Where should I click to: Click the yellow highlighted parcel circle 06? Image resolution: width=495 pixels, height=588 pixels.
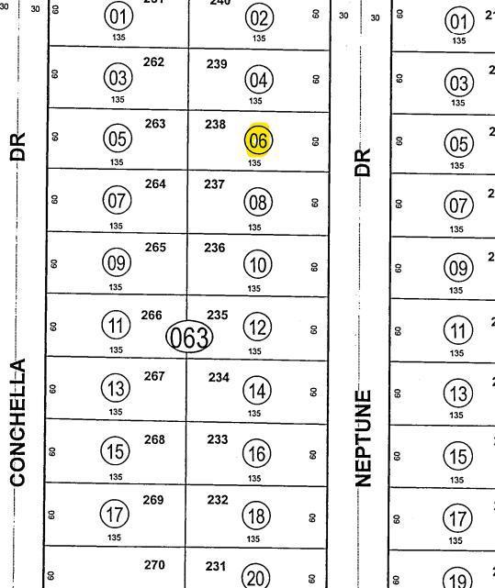pyautogui.click(x=258, y=140)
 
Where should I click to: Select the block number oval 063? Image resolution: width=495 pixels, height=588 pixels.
pyautogui.click(x=189, y=338)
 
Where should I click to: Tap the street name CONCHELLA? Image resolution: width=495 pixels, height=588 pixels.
pyautogui.click(x=17, y=423)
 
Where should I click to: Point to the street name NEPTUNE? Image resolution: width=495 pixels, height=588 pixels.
pyautogui.click(x=365, y=438)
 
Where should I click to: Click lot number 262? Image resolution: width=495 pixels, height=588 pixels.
pyautogui.click(x=154, y=61)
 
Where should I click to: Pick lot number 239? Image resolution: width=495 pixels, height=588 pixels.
pyautogui.click(x=216, y=63)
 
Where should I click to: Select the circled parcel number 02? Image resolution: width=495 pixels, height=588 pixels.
pyautogui.click(x=259, y=17)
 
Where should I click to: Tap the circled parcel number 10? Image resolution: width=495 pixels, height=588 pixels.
pyautogui.click(x=257, y=265)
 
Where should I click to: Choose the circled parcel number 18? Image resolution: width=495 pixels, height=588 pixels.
pyautogui.click(x=257, y=516)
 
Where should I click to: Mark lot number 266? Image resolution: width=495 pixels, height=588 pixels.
pyautogui.click(x=152, y=316)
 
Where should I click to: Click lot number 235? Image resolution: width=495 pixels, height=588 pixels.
pyautogui.click(x=218, y=316)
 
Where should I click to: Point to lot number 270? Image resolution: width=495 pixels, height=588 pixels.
pyautogui.click(x=154, y=565)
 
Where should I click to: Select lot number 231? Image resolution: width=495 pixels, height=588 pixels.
pyautogui.click(x=216, y=566)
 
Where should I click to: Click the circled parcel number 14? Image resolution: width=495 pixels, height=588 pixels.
pyautogui.click(x=257, y=390)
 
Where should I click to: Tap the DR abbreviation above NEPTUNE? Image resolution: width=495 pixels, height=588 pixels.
pyautogui.click(x=365, y=162)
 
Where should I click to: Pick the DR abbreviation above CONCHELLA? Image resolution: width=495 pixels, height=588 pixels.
pyautogui.click(x=17, y=147)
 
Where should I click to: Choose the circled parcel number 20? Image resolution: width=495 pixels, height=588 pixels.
pyautogui.click(x=256, y=577)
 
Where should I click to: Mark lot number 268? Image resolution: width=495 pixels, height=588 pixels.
pyautogui.click(x=154, y=439)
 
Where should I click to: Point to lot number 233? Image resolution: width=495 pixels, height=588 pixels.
pyautogui.click(x=217, y=439)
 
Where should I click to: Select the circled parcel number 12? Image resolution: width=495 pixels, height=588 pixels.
pyautogui.click(x=257, y=327)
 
